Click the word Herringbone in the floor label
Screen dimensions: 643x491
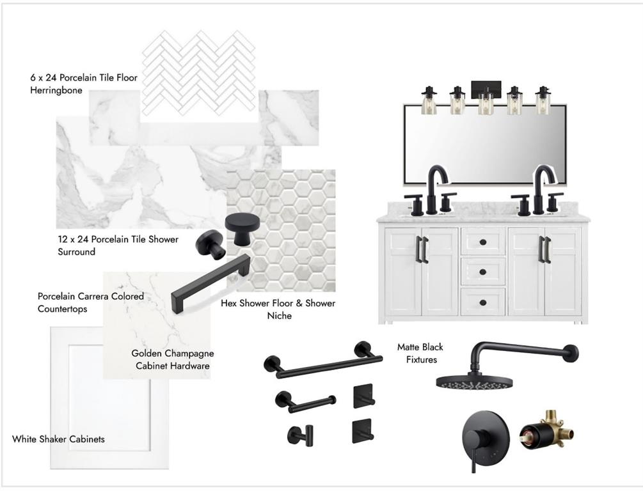click(x=56, y=90)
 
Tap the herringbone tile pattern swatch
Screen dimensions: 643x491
click(x=199, y=73)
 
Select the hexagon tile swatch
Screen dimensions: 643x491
click(x=281, y=230)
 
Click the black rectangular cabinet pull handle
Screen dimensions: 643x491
click(x=210, y=283)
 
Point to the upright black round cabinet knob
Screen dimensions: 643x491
click(x=242, y=229)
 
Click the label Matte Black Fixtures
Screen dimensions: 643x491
click(x=420, y=354)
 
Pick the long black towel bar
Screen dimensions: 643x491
click(x=322, y=360)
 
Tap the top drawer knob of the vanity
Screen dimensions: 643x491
click(x=482, y=242)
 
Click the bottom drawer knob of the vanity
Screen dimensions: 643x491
click(x=482, y=302)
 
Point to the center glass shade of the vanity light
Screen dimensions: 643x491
click(x=486, y=102)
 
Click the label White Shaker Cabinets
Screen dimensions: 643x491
click(x=58, y=439)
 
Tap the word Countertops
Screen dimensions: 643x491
click(x=62, y=309)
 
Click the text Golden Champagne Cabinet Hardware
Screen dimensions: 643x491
click(x=173, y=359)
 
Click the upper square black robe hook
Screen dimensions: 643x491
click(x=363, y=396)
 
